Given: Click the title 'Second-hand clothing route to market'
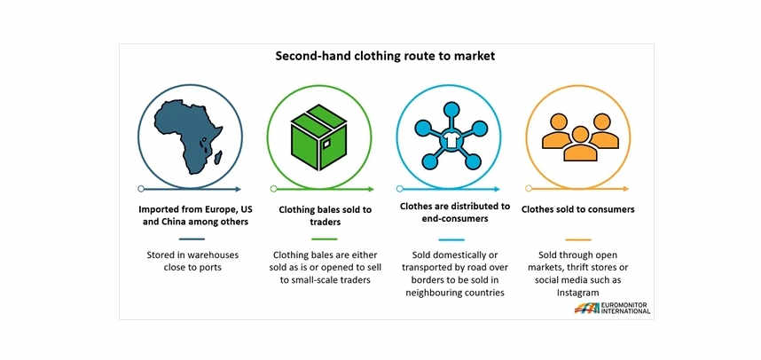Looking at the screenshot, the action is [385, 56].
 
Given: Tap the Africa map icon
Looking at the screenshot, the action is [188, 137].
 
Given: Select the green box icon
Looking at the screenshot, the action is [319, 137].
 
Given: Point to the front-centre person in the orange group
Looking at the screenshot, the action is [579, 145].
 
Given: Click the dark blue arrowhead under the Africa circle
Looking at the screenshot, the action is [239, 189].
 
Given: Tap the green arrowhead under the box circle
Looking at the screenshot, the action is [372, 189].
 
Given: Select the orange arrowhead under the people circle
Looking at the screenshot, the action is [626, 189].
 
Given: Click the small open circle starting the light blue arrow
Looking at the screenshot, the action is [399, 189].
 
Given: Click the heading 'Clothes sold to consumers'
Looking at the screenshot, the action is [578, 209].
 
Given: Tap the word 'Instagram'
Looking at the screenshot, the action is [578, 293].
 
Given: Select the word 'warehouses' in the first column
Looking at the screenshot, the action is [215, 254].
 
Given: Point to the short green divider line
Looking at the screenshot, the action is [325, 239].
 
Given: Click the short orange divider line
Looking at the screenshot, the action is [578, 239].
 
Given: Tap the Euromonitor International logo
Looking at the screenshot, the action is [612, 308].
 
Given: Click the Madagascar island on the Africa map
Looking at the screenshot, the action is [218, 157].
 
